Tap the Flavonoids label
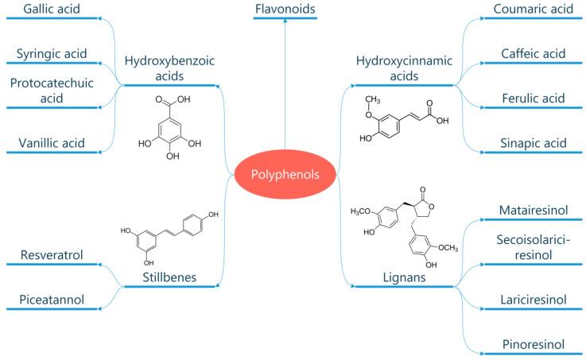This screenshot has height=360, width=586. (x=285, y=10)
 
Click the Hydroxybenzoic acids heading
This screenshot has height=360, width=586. (x=169, y=67)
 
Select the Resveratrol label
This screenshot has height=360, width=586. (x=54, y=255)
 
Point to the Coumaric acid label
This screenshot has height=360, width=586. (x=533, y=10)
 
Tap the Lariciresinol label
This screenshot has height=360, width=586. (x=533, y=301)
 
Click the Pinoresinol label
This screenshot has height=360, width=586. (x=533, y=345)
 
